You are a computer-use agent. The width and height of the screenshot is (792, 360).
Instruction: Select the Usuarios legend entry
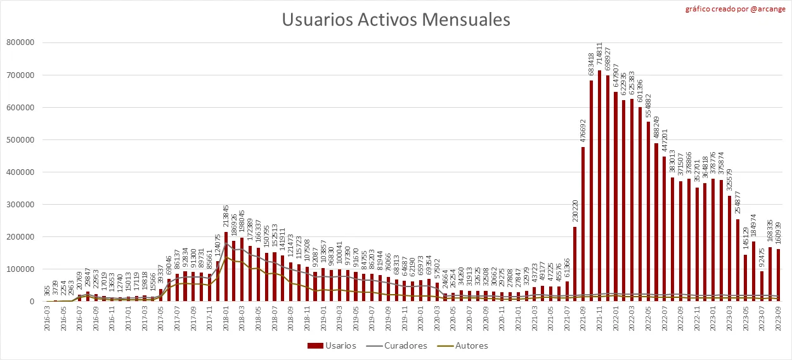(332, 346)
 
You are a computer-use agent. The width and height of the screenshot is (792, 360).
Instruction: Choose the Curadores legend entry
(400, 346)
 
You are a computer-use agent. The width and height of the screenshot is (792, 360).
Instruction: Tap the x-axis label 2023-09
(778, 320)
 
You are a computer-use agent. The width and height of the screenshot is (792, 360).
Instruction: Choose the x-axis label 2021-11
(599, 320)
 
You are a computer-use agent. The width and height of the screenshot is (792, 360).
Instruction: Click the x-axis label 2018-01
(226, 320)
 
